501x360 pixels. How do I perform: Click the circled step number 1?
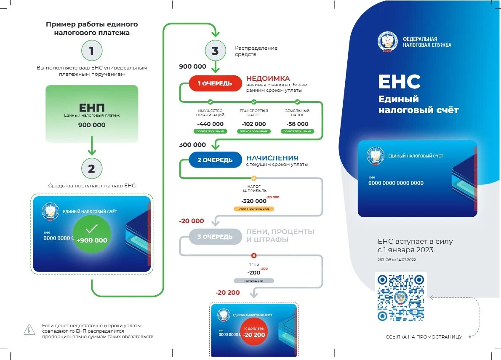[91, 51]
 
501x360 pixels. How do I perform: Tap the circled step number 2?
[91, 169]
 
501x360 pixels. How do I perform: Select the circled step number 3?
[215, 51]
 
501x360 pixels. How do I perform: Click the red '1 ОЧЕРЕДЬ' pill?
[215, 83]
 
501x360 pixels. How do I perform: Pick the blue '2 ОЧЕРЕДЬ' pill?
[215, 160]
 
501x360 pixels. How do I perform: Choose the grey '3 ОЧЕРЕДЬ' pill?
[215, 237]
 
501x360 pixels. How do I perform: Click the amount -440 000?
[210, 124]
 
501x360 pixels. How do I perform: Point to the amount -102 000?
[254, 124]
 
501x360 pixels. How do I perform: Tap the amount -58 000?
[297, 124]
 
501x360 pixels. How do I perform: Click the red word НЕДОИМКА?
[268, 78]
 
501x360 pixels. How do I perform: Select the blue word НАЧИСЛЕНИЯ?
[272, 158]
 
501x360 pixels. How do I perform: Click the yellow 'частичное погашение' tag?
[254, 209]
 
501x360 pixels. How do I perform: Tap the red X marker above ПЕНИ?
[253, 256]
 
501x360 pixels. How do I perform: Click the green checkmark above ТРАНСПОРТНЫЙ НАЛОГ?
[254, 102]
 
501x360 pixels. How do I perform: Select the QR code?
[400, 298]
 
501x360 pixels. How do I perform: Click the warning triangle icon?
[29, 330]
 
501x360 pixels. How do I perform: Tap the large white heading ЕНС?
[399, 82]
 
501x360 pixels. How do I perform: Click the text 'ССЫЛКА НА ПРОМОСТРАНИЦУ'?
[424, 337]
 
